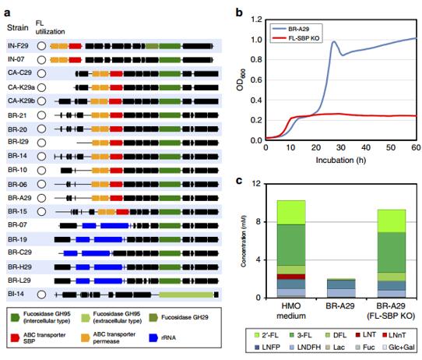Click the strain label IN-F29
point(18,46)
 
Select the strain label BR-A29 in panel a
point(19,198)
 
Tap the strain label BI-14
point(16,294)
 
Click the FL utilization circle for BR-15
point(41,212)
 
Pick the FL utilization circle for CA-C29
point(41,73)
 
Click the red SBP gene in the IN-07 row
point(75,60)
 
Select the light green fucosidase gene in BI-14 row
point(186,295)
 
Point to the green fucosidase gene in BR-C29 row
point(170,253)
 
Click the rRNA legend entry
point(162,337)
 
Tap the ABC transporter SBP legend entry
point(38,338)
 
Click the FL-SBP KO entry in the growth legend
point(296,38)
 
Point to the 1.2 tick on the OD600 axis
point(256,19)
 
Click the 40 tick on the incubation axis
point(366,147)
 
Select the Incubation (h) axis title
point(341,160)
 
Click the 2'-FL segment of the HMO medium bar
point(291,213)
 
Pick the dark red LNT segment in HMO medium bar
point(291,277)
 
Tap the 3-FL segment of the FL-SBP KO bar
point(392,252)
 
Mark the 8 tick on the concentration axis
point(258,221)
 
